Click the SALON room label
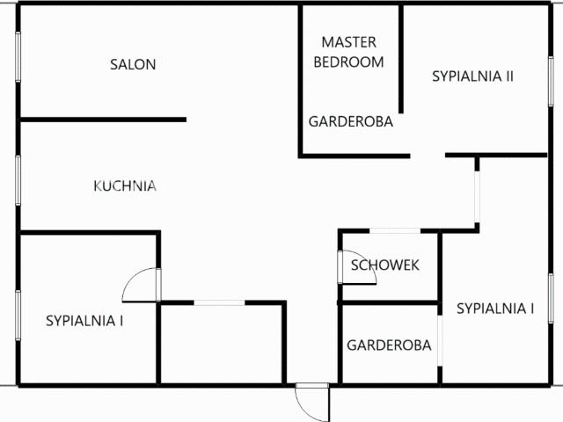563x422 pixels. click(133, 64)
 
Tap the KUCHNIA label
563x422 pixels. click(125, 186)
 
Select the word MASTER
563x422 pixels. click(348, 42)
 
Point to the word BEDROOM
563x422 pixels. click(348, 62)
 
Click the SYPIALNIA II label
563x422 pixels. click(472, 76)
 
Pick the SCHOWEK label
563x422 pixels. click(385, 266)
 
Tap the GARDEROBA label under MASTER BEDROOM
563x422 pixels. click(351, 121)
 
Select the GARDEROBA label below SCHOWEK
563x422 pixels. click(389, 345)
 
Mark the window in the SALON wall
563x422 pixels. click(18, 56)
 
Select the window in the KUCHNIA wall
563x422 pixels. click(18, 180)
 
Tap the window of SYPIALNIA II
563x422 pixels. click(551, 81)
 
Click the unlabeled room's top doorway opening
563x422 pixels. click(219, 302)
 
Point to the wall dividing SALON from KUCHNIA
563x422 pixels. click(104, 120)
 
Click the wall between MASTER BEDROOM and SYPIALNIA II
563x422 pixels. click(401, 59)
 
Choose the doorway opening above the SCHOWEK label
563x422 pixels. click(395, 230)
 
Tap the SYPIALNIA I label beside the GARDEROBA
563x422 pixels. click(495, 309)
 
